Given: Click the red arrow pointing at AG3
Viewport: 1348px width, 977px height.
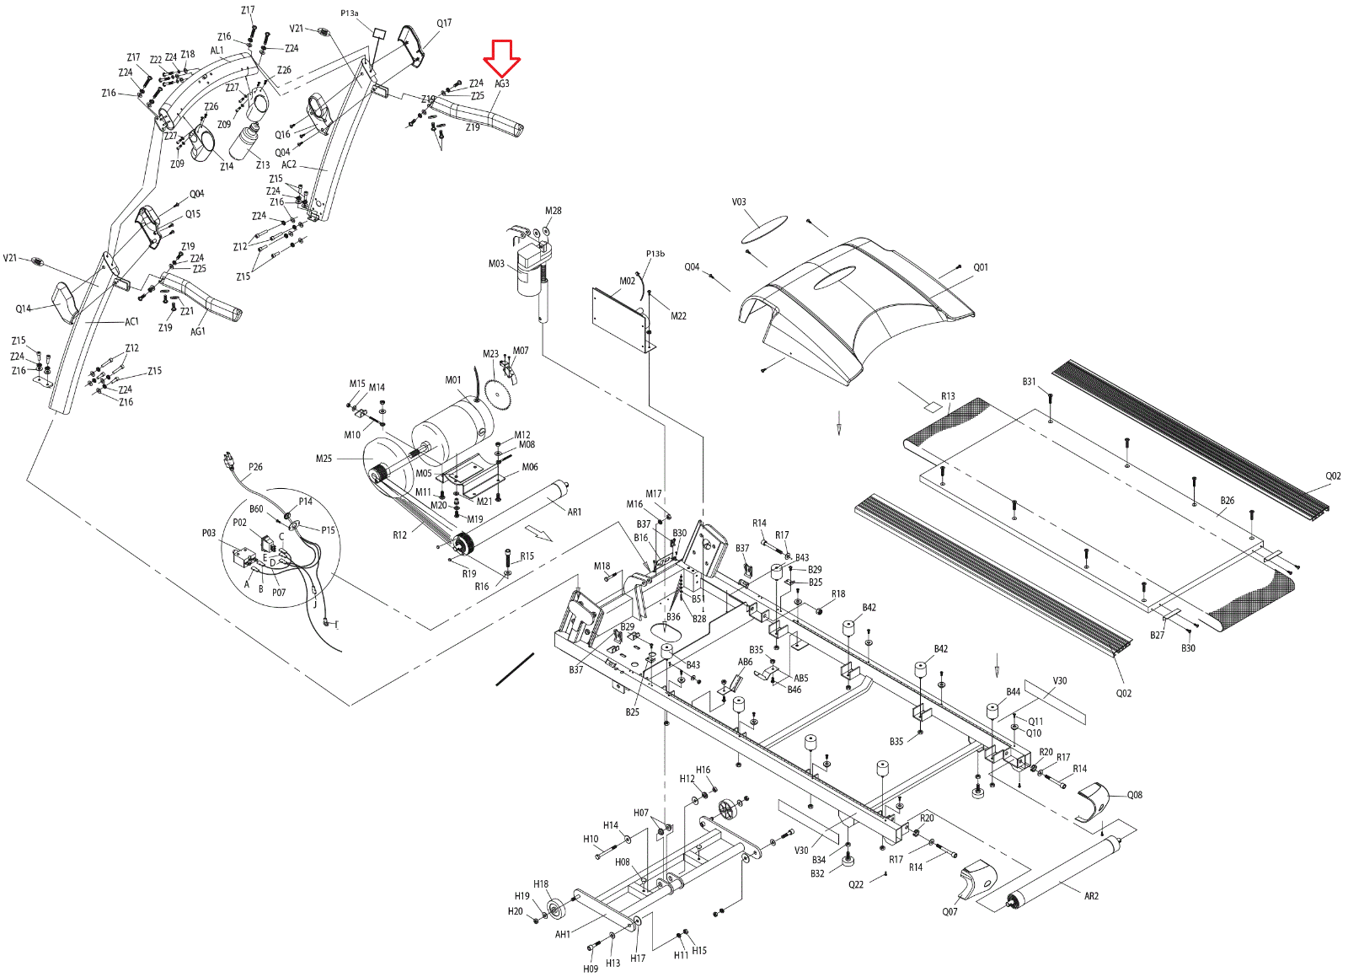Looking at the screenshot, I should [x=502, y=57].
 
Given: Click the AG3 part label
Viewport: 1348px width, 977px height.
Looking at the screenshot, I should [x=502, y=83].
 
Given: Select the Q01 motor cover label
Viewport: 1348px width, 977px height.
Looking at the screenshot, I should [x=981, y=267].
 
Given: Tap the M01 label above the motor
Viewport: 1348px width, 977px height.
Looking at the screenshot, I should [x=453, y=380].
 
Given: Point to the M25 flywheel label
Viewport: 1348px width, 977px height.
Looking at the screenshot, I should [x=324, y=459].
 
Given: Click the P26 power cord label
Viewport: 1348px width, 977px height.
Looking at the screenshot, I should [x=255, y=466].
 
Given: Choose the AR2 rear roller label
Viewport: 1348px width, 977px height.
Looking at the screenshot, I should [x=1091, y=896].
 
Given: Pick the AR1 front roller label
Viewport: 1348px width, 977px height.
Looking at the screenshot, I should [x=575, y=512].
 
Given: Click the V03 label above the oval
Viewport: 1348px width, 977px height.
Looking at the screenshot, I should [x=739, y=202].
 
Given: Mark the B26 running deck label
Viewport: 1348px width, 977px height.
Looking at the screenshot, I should [x=1228, y=501].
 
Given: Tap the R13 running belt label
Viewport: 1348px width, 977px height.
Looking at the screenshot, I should [x=948, y=395].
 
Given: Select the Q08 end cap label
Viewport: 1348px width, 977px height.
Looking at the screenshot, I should [x=1135, y=795].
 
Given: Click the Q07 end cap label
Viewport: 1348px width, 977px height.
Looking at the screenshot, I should [x=949, y=911].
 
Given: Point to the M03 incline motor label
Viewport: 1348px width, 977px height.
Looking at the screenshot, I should [x=496, y=264].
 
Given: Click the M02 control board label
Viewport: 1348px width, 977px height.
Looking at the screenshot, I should [x=627, y=281].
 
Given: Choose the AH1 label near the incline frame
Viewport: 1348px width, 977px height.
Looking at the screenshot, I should [x=563, y=934].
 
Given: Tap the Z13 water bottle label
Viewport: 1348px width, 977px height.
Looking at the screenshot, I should [x=263, y=165].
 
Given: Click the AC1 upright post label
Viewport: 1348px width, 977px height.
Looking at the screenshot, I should [x=131, y=321].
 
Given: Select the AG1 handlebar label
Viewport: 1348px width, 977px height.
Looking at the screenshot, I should [x=198, y=331].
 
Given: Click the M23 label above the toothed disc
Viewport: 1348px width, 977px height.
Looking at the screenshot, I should [x=490, y=354].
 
